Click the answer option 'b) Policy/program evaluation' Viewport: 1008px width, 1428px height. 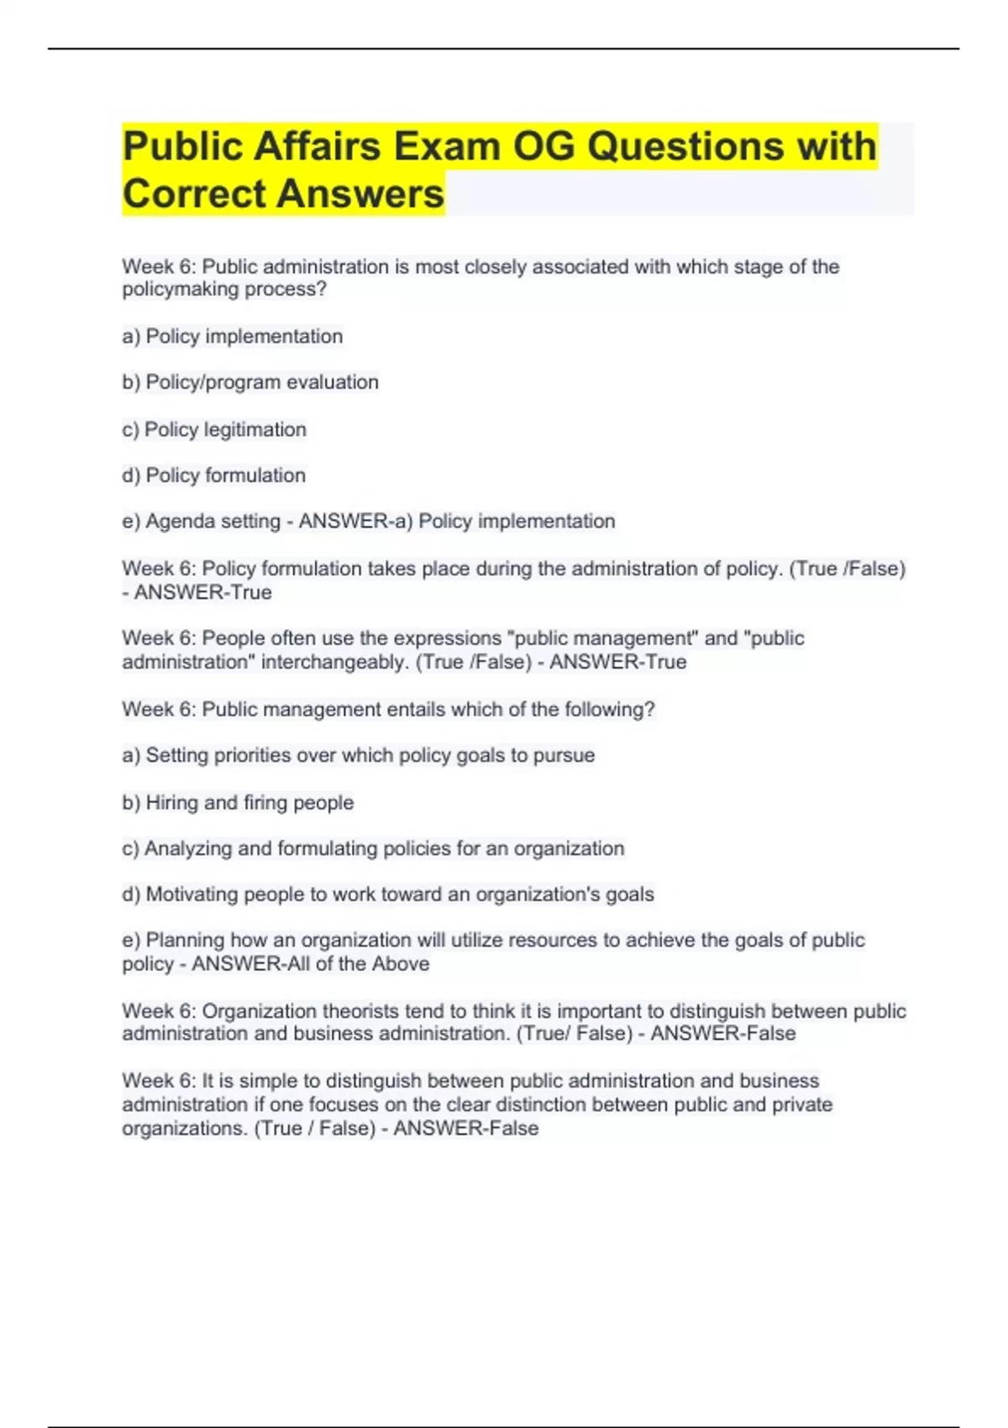click(250, 382)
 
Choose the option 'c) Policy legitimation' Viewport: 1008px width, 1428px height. click(214, 429)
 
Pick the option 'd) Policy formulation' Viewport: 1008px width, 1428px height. click(214, 475)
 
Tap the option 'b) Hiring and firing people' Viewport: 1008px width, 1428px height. click(238, 803)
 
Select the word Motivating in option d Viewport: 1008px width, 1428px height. click(192, 895)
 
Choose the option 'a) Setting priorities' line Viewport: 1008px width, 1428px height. click(359, 756)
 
